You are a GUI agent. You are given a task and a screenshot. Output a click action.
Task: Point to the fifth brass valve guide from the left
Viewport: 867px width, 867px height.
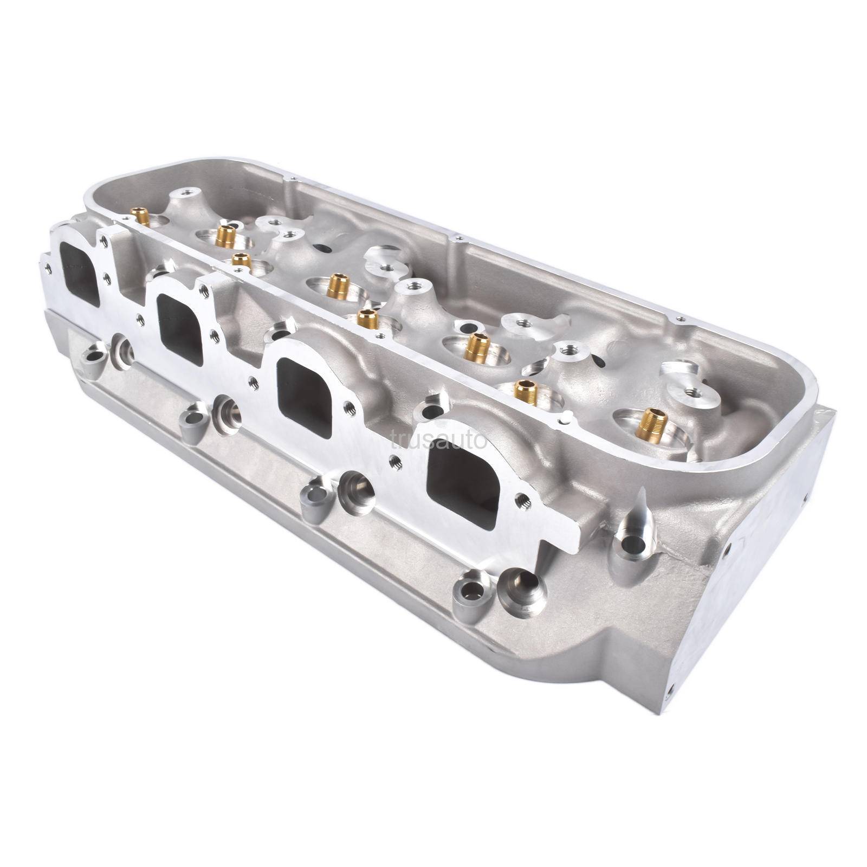pyautogui.click(x=368, y=318)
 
